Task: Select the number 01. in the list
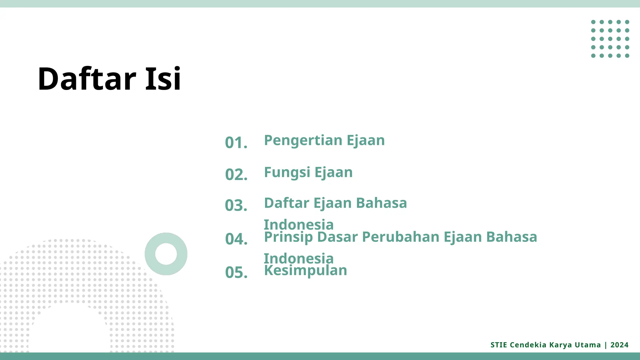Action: pos(236,143)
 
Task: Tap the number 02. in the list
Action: pos(236,175)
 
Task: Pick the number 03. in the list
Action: pos(236,206)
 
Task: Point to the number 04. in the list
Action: pos(236,239)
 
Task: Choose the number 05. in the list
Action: pos(236,272)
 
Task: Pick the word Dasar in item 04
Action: pos(337,237)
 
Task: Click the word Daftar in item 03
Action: pos(287,203)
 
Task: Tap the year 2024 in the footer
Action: pos(619,345)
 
